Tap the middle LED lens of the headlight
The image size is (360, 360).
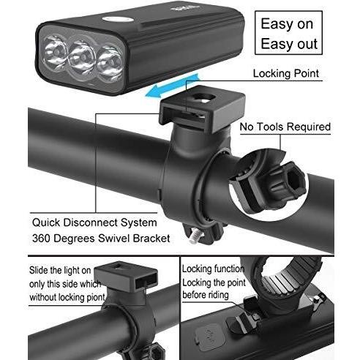(x=83, y=59)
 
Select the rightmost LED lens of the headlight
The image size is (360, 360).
(x=110, y=63)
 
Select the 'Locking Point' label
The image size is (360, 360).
(x=286, y=73)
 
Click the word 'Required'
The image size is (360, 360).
(x=309, y=127)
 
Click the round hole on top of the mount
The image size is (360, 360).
(x=203, y=98)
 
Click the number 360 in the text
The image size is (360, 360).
(x=41, y=238)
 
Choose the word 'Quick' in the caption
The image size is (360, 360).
(x=46, y=223)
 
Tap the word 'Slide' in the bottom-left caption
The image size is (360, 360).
(x=39, y=271)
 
